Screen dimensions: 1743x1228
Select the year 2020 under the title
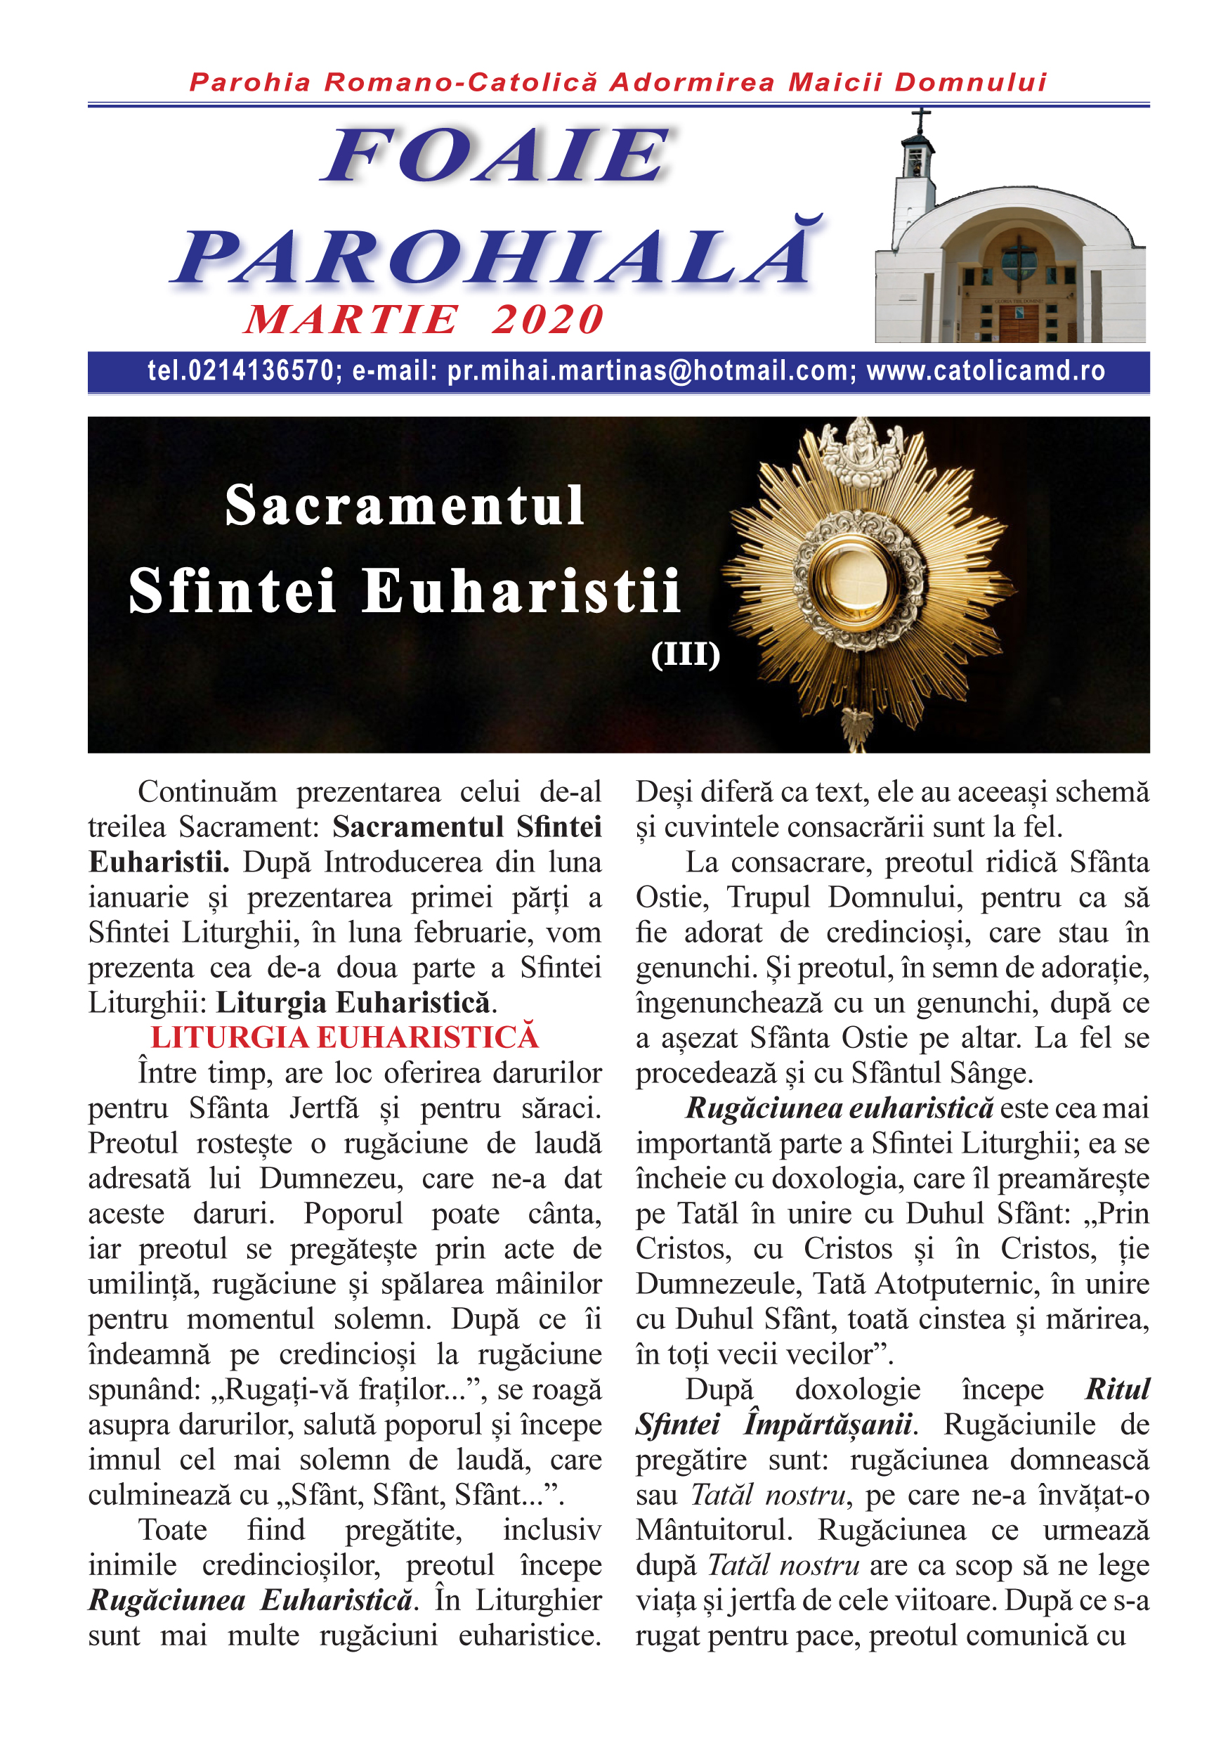tap(547, 320)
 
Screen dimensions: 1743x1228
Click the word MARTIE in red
tap(351, 320)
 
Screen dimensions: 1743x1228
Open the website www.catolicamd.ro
tap(985, 371)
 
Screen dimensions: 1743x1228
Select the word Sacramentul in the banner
tap(405, 505)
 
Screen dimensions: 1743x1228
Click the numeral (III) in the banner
tap(684, 654)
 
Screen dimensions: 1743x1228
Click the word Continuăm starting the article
tap(207, 793)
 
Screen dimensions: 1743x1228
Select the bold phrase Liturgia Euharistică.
tap(353, 1003)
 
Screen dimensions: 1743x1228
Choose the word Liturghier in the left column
tap(538, 1600)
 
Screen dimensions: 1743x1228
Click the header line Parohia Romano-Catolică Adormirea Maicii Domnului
tap(618, 82)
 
